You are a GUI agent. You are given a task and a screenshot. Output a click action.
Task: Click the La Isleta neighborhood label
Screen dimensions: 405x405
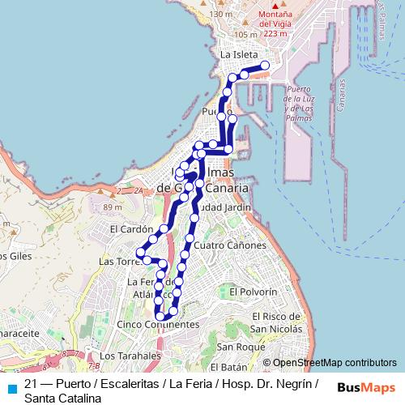pyautogui.click(x=238, y=53)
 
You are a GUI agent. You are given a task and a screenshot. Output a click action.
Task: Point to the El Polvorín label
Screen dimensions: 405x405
pyautogui.click(x=254, y=291)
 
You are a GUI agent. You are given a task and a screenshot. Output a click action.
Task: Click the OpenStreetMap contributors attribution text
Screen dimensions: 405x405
pyautogui.click(x=330, y=363)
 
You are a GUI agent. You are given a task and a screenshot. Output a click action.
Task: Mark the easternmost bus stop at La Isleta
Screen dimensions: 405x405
pyautogui.click(x=265, y=66)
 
